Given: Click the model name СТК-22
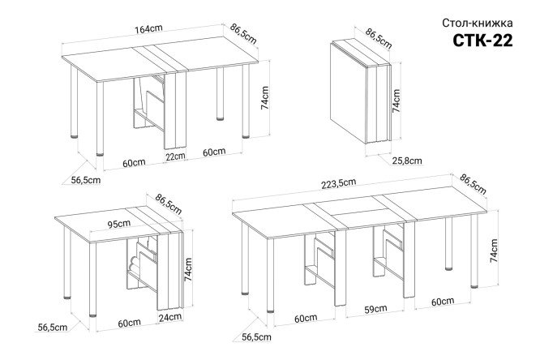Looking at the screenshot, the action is (482, 41).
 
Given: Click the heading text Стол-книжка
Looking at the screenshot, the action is (478, 23).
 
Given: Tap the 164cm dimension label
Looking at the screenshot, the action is (148, 29).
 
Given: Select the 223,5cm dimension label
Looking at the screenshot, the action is (339, 183).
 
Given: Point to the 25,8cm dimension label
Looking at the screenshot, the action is (407, 161).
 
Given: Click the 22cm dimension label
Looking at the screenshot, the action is (175, 156).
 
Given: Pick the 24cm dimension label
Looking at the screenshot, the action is (169, 317).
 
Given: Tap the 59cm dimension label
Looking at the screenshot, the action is (375, 309).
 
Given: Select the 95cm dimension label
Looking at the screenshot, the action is (119, 224).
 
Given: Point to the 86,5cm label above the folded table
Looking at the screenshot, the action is (379, 39).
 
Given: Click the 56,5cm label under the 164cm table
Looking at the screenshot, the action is (86, 180).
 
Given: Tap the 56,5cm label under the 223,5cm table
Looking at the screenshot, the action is (256, 337).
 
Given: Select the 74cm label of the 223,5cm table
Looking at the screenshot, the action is (494, 251).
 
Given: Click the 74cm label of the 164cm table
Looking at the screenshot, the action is (264, 98).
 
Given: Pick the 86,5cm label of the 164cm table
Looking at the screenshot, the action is (243, 34).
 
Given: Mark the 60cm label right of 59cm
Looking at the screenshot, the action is (443, 302).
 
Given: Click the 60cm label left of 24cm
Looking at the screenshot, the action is (129, 324).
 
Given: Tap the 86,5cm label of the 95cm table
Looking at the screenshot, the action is (168, 204).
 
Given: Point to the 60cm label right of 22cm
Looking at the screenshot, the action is (214, 152).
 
